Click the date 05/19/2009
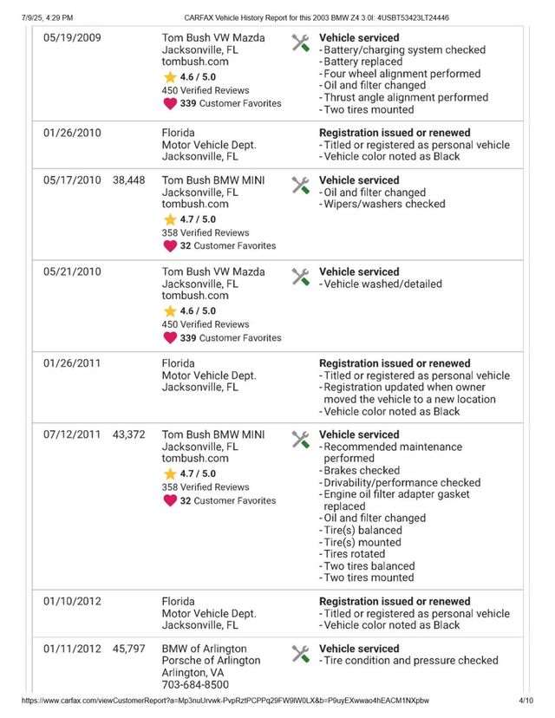pos(72,38)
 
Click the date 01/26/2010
pos(72,133)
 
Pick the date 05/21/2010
pos(72,271)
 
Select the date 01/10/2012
pos(72,601)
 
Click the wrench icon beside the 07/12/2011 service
pos(300,439)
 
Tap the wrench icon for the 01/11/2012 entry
pos(300,653)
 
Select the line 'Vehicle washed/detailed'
pos(382,284)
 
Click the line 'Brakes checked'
pos(362,471)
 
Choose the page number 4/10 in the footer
pos(526,701)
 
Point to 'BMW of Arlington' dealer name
pos(204,649)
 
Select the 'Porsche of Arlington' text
pos(211,661)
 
